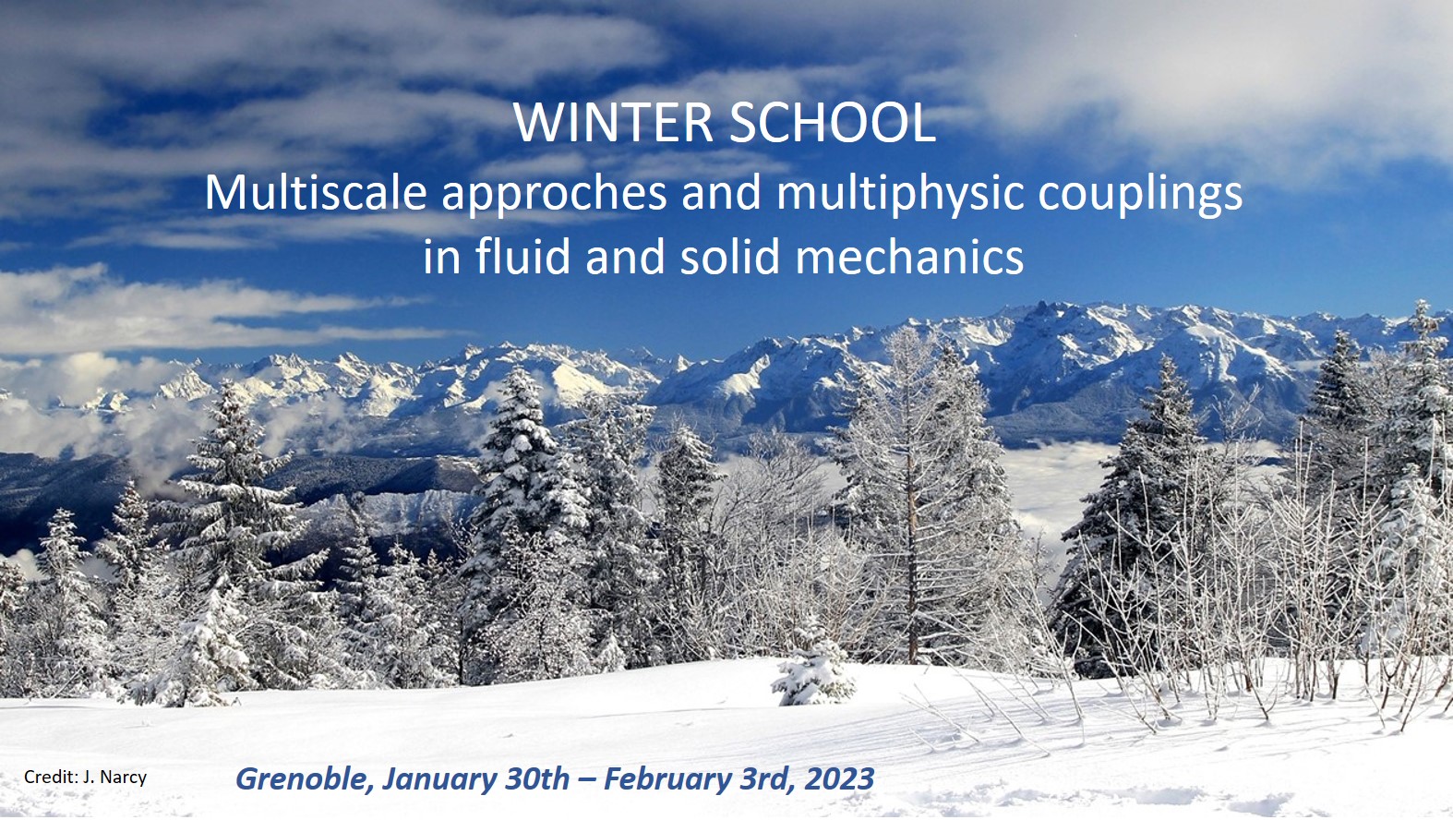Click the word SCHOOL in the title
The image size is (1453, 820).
coord(833,122)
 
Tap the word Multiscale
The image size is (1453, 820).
coord(316,193)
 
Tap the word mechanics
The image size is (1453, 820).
coord(909,257)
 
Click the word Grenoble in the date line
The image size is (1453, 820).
coord(305,779)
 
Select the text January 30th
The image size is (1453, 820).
coord(475,779)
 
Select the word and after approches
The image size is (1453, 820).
coord(721,193)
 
